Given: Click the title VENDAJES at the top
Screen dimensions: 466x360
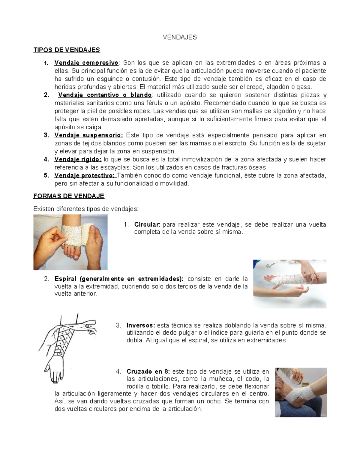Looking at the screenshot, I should point(180,37).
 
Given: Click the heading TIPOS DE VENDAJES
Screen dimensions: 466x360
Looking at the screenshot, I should point(67,50).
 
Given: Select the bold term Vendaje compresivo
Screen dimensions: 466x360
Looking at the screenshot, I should point(86,63).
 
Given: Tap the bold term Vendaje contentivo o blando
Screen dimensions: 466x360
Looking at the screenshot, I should point(105,95).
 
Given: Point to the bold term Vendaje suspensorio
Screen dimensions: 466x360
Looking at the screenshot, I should point(88,135).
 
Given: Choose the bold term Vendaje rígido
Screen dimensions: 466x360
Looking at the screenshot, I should point(78,159).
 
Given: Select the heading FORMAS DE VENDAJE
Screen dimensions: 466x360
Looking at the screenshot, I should point(69,196).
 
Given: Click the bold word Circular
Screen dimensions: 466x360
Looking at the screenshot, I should point(147,225).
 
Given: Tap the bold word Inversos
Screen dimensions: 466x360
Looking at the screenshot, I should point(141,326).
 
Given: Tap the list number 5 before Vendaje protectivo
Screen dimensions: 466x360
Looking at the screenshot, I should point(46,176).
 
